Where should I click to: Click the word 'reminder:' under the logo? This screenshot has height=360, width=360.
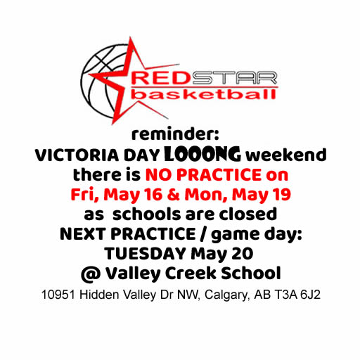click(x=175, y=134)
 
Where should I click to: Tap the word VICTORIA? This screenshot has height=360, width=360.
click(x=77, y=155)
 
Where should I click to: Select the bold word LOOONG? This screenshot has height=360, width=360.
click(x=202, y=154)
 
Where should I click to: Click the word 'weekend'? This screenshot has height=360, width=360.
click(x=285, y=155)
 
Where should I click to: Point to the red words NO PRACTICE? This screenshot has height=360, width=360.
click(x=203, y=175)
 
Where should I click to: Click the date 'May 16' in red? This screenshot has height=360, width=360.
click(x=133, y=195)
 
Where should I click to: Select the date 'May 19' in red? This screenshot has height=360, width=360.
click(x=262, y=195)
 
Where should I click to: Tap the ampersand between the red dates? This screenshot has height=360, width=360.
click(x=174, y=195)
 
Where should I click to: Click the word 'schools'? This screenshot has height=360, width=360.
click(x=147, y=214)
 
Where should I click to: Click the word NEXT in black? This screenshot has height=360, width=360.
click(x=83, y=234)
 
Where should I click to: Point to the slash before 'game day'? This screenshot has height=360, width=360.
click(x=203, y=234)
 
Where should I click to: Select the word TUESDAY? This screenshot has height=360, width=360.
click(x=146, y=254)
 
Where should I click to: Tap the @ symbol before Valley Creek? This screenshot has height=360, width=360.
click(x=91, y=274)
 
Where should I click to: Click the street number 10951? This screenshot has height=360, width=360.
click(x=58, y=295)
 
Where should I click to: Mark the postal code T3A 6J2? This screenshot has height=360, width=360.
click(x=297, y=295)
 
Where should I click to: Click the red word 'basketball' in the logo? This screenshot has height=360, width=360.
click(x=203, y=95)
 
